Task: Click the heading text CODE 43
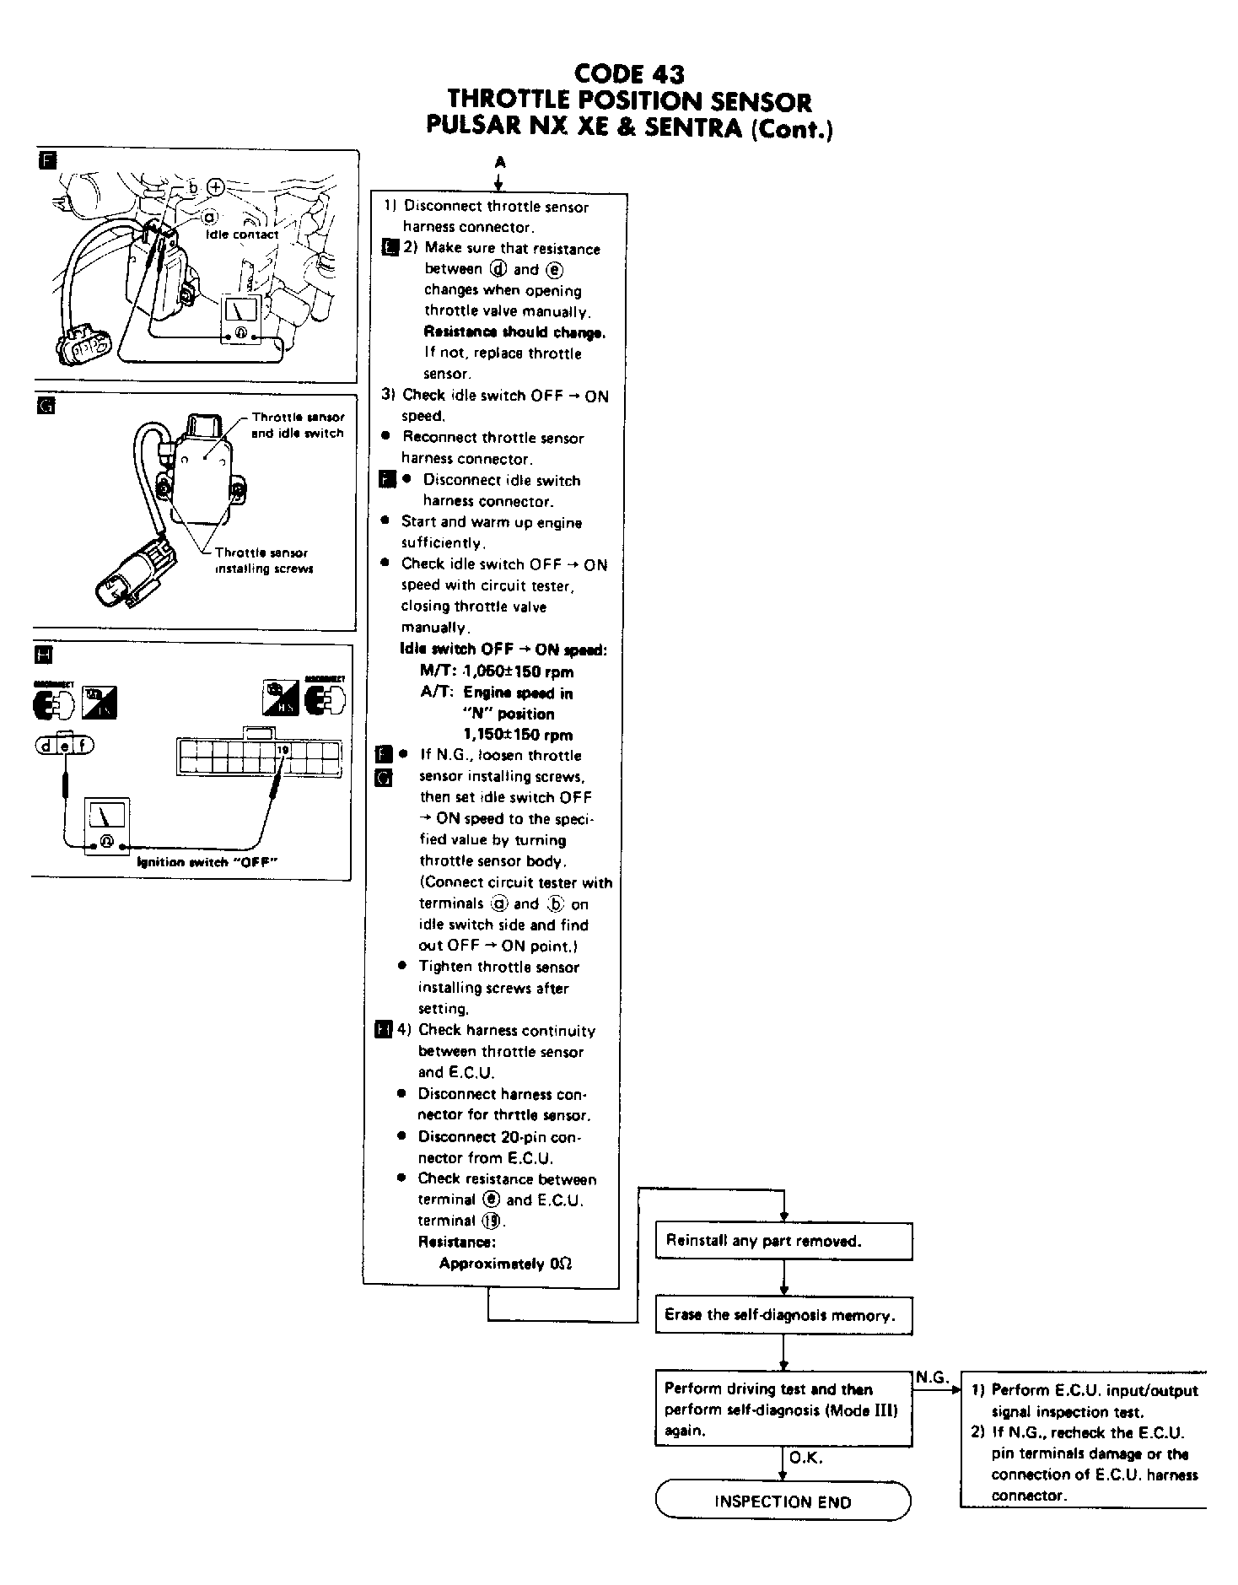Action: [x=628, y=74]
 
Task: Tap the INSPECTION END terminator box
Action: [x=783, y=1501]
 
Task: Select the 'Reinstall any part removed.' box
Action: [x=783, y=1241]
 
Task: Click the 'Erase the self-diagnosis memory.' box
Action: [x=783, y=1315]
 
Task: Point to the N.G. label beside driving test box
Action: [x=931, y=1377]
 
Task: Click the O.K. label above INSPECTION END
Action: [x=805, y=1458]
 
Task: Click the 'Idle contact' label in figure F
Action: [x=242, y=235]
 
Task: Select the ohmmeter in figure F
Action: [x=240, y=321]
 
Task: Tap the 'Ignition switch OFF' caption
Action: [x=207, y=862]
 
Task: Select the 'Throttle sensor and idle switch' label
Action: [x=298, y=425]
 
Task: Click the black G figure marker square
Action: [x=46, y=406]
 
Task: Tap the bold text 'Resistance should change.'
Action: [x=514, y=332]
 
